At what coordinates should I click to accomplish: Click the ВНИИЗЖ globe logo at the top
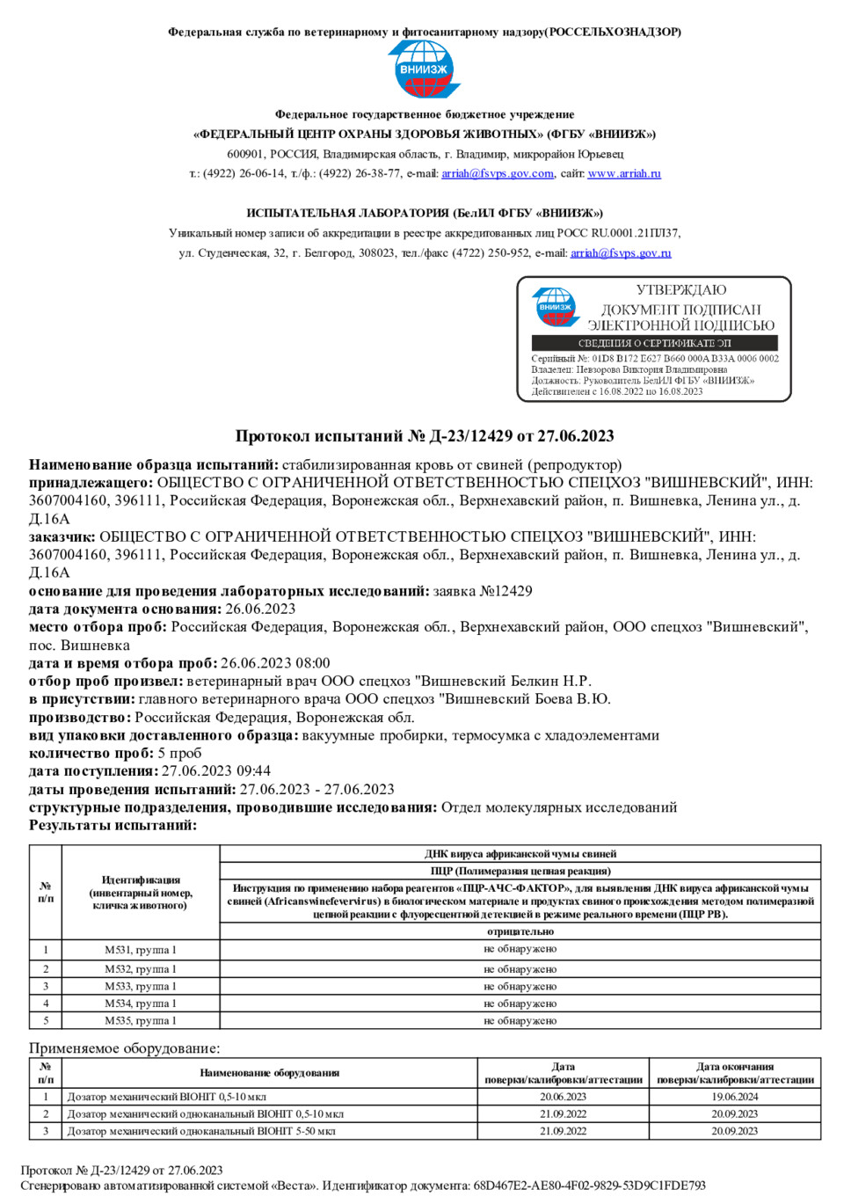pyautogui.click(x=425, y=69)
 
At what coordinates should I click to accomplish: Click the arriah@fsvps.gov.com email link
pyautogui.click(x=498, y=173)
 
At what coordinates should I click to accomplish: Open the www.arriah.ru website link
pyautogui.click(x=624, y=173)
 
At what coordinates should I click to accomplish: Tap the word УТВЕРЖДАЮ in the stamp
pyautogui.click(x=681, y=289)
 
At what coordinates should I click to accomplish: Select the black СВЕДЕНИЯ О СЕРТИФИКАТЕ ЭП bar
pyautogui.click(x=654, y=343)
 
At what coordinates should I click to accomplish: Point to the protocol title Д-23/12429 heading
pyautogui.click(x=425, y=435)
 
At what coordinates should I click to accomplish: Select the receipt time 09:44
pyautogui.click(x=253, y=771)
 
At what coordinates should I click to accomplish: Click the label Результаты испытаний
pyautogui.click(x=113, y=825)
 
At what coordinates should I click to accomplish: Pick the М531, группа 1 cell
pyautogui.click(x=141, y=950)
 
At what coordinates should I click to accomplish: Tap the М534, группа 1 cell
pyautogui.click(x=141, y=1003)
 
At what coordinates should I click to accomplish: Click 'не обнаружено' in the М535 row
pyautogui.click(x=520, y=1021)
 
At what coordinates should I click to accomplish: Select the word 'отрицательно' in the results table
pyautogui.click(x=520, y=931)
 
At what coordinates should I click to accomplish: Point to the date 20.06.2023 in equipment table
pyautogui.click(x=563, y=1097)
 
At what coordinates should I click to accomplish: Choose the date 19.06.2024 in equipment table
pyautogui.click(x=735, y=1097)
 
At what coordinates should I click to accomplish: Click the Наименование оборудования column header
pyautogui.click(x=269, y=1073)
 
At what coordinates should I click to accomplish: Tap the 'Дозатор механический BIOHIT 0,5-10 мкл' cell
pyautogui.click(x=167, y=1097)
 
